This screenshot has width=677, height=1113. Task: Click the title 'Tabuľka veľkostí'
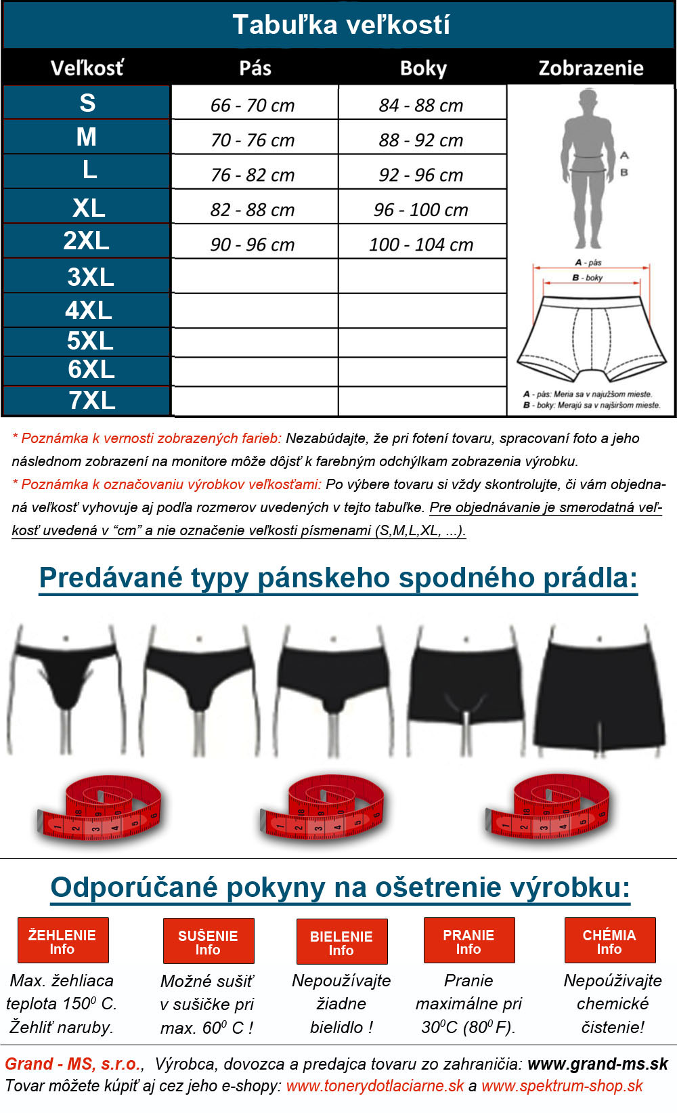click(x=341, y=25)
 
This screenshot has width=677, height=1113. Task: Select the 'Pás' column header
click(x=255, y=68)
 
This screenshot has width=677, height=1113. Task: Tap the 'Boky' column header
click(x=423, y=68)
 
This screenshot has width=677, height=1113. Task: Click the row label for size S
click(x=87, y=103)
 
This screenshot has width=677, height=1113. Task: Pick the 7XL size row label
click(x=91, y=400)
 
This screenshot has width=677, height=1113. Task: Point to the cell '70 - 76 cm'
click(x=253, y=140)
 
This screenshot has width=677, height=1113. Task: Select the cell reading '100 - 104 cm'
click(x=421, y=245)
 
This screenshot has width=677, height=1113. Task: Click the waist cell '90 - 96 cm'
click(x=253, y=245)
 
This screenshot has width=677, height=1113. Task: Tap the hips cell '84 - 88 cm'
click(x=421, y=105)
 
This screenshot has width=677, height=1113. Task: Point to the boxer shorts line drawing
click(x=591, y=335)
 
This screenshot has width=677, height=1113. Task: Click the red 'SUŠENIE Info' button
click(x=209, y=941)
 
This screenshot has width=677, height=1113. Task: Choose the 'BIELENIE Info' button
click(x=342, y=942)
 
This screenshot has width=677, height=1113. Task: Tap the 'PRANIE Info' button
click(x=469, y=940)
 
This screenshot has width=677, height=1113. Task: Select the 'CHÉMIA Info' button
click(x=609, y=940)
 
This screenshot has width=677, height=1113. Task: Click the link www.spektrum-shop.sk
click(x=562, y=1086)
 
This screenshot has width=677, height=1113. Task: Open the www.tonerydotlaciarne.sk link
click(x=375, y=1086)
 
